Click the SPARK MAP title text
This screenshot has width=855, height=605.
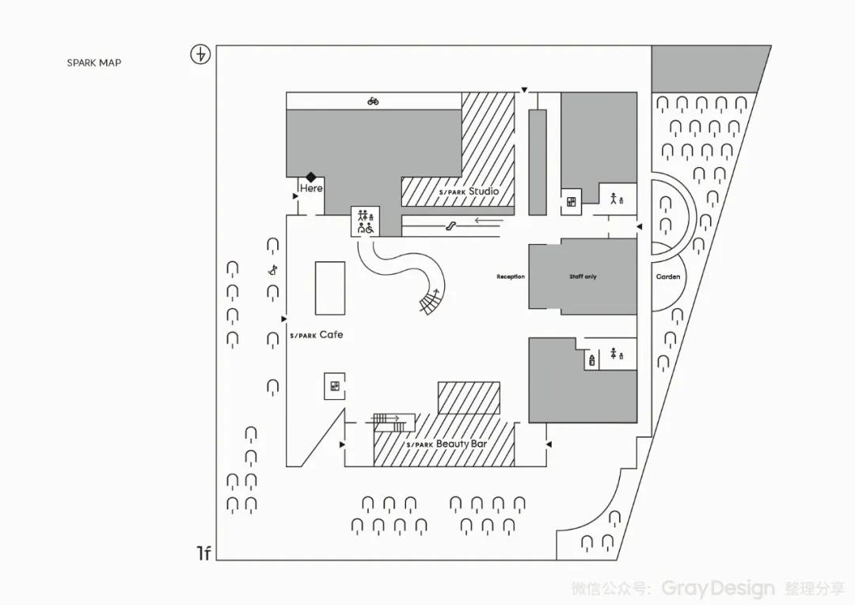coord(94,63)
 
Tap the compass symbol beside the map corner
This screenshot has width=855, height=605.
coord(201,55)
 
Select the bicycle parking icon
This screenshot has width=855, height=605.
coord(373,101)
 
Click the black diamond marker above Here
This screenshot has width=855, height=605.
coord(312,177)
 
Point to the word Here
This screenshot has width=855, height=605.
coord(311,188)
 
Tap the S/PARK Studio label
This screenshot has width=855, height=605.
coord(469,192)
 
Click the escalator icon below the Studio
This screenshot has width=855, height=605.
coord(450,226)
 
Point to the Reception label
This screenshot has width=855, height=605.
coord(511,276)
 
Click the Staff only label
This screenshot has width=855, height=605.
coord(583,276)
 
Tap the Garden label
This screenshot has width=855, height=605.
coord(668,277)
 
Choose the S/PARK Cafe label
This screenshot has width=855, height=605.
coord(317,335)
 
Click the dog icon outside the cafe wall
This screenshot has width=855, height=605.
coord(273,269)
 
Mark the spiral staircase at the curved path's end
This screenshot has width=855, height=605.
coord(431,301)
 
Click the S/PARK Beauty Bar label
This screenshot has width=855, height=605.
coord(446,444)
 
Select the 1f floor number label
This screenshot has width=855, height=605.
coord(203,553)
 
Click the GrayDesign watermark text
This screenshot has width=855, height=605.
coord(718,588)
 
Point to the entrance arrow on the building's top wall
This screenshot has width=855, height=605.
coord(524,91)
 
